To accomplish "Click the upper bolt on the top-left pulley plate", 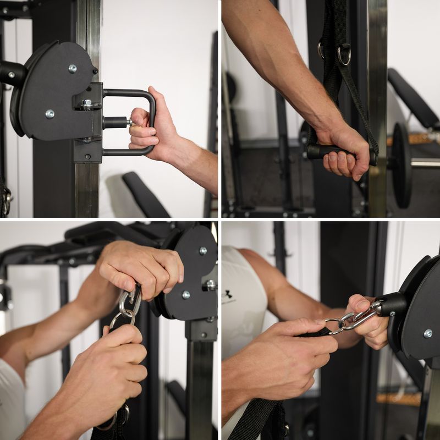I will [x=72, y=69].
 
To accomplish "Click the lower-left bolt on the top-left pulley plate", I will [x=50, y=114].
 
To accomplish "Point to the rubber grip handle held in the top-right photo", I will [x=330, y=151].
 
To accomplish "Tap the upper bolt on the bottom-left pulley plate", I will [x=203, y=251].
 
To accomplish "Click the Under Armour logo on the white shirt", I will [x=227, y=297].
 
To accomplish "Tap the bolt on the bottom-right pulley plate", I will [x=427, y=333].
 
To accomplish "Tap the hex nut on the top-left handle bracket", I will [x=86, y=103].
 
